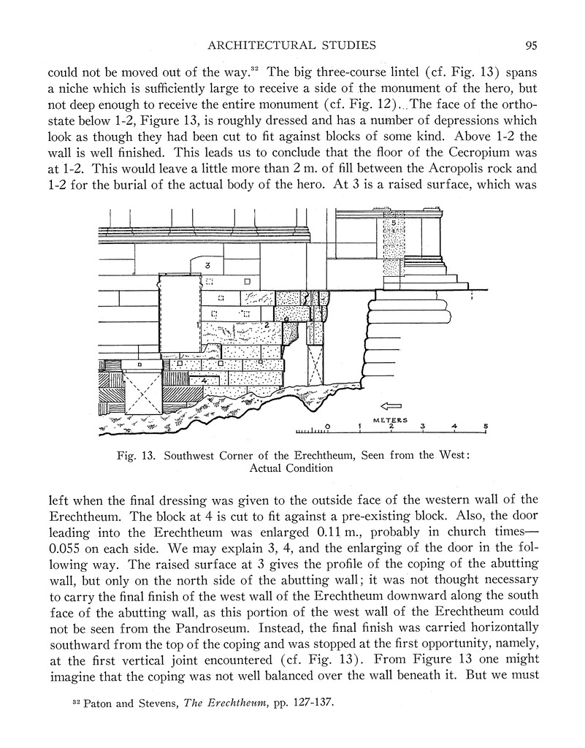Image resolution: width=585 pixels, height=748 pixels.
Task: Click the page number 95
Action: click(x=531, y=45)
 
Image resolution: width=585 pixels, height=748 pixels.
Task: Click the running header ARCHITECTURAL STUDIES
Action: click(x=292, y=45)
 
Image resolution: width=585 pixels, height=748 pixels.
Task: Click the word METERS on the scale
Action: click(x=391, y=420)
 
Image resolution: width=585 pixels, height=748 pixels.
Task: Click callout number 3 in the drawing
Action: click(x=208, y=265)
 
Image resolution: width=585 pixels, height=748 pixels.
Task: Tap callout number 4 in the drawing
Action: click(x=204, y=381)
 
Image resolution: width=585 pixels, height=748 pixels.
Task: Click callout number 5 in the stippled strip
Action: click(x=394, y=221)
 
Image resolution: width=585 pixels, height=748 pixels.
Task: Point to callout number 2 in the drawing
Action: click(x=267, y=324)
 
